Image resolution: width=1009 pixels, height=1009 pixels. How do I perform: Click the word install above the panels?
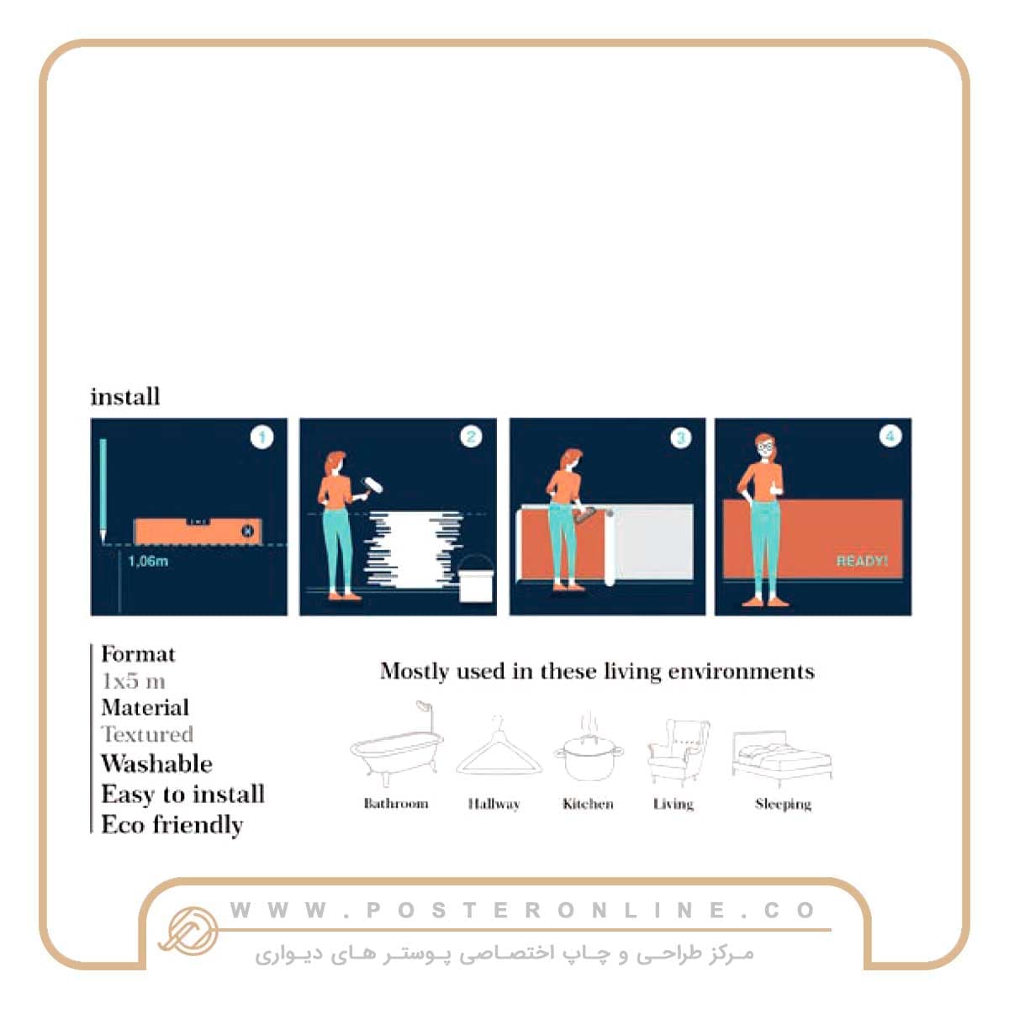click(x=125, y=396)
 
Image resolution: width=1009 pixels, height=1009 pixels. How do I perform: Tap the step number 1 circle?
click(x=261, y=437)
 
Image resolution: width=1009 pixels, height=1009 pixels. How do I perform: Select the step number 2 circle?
click(x=471, y=436)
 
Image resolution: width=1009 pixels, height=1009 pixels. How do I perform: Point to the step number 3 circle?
click(x=681, y=438)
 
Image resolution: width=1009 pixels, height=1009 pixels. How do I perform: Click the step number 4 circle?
click(x=890, y=436)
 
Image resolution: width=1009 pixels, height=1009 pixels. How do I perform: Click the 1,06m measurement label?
click(x=148, y=562)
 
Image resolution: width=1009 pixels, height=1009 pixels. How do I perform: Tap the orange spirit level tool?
click(x=198, y=531)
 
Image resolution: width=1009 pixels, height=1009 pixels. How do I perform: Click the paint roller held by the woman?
click(x=372, y=487)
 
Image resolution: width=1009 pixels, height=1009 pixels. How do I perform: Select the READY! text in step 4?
click(x=861, y=562)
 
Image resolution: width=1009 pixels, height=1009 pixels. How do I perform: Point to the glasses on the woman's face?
click(x=765, y=446)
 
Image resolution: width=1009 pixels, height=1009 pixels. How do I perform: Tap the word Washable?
click(x=156, y=763)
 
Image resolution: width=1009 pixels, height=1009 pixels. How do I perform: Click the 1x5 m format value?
click(x=134, y=681)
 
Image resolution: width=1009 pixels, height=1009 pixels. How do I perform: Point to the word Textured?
click(x=147, y=734)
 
